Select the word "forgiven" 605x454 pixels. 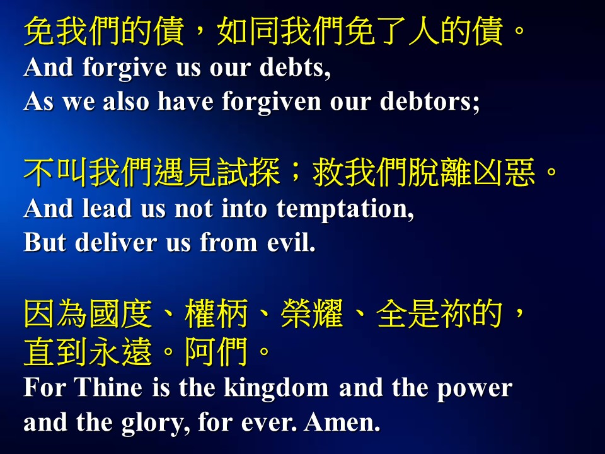tap(271, 102)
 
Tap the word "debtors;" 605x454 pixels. tap(430, 102)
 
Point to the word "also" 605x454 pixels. tap(126, 102)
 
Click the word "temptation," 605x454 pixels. tap(345, 209)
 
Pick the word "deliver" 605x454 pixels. tap(116, 242)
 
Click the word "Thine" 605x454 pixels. tap(108, 387)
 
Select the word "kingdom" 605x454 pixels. tap(276, 387)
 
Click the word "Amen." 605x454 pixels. tap(342, 422)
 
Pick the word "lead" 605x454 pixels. tap(107, 208)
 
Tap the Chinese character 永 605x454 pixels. tap(104, 351)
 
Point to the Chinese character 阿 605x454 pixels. tap(200, 351)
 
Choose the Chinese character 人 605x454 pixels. tap(423, 31)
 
